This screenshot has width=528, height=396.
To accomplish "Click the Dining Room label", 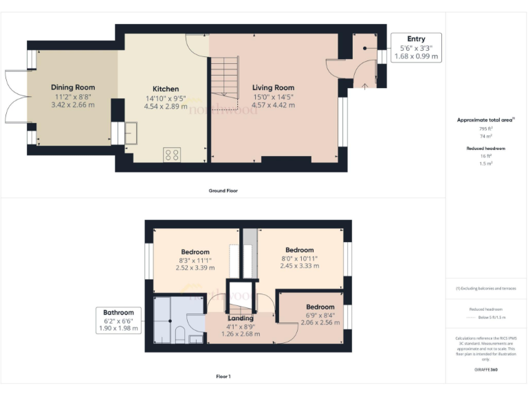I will point(73,87).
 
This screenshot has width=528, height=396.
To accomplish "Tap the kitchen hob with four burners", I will point(172,155).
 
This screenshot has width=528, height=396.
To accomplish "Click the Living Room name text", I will point(273,87).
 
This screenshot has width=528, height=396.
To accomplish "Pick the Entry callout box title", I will point(416,39).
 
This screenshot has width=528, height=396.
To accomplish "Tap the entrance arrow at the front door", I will point(364,85).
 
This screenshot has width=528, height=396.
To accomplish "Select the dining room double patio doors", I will point(15,106).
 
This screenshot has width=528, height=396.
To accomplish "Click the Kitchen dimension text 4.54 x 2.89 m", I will point(166,106).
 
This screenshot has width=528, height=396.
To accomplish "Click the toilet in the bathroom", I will point(179,335).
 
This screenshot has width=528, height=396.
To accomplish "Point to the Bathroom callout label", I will point(119,313).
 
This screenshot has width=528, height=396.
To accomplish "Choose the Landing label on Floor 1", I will point(240,318).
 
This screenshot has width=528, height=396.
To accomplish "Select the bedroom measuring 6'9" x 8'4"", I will point(320,307).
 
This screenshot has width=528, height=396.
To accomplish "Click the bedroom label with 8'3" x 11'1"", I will point(195,252).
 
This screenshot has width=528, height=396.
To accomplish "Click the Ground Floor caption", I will point(223,190).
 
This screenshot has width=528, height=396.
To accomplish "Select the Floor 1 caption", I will point(223,376).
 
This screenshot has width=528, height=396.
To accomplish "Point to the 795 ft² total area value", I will point(485,129).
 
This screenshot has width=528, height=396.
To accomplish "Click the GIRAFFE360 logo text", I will point(485,371).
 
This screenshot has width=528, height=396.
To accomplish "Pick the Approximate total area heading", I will point(485,120).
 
